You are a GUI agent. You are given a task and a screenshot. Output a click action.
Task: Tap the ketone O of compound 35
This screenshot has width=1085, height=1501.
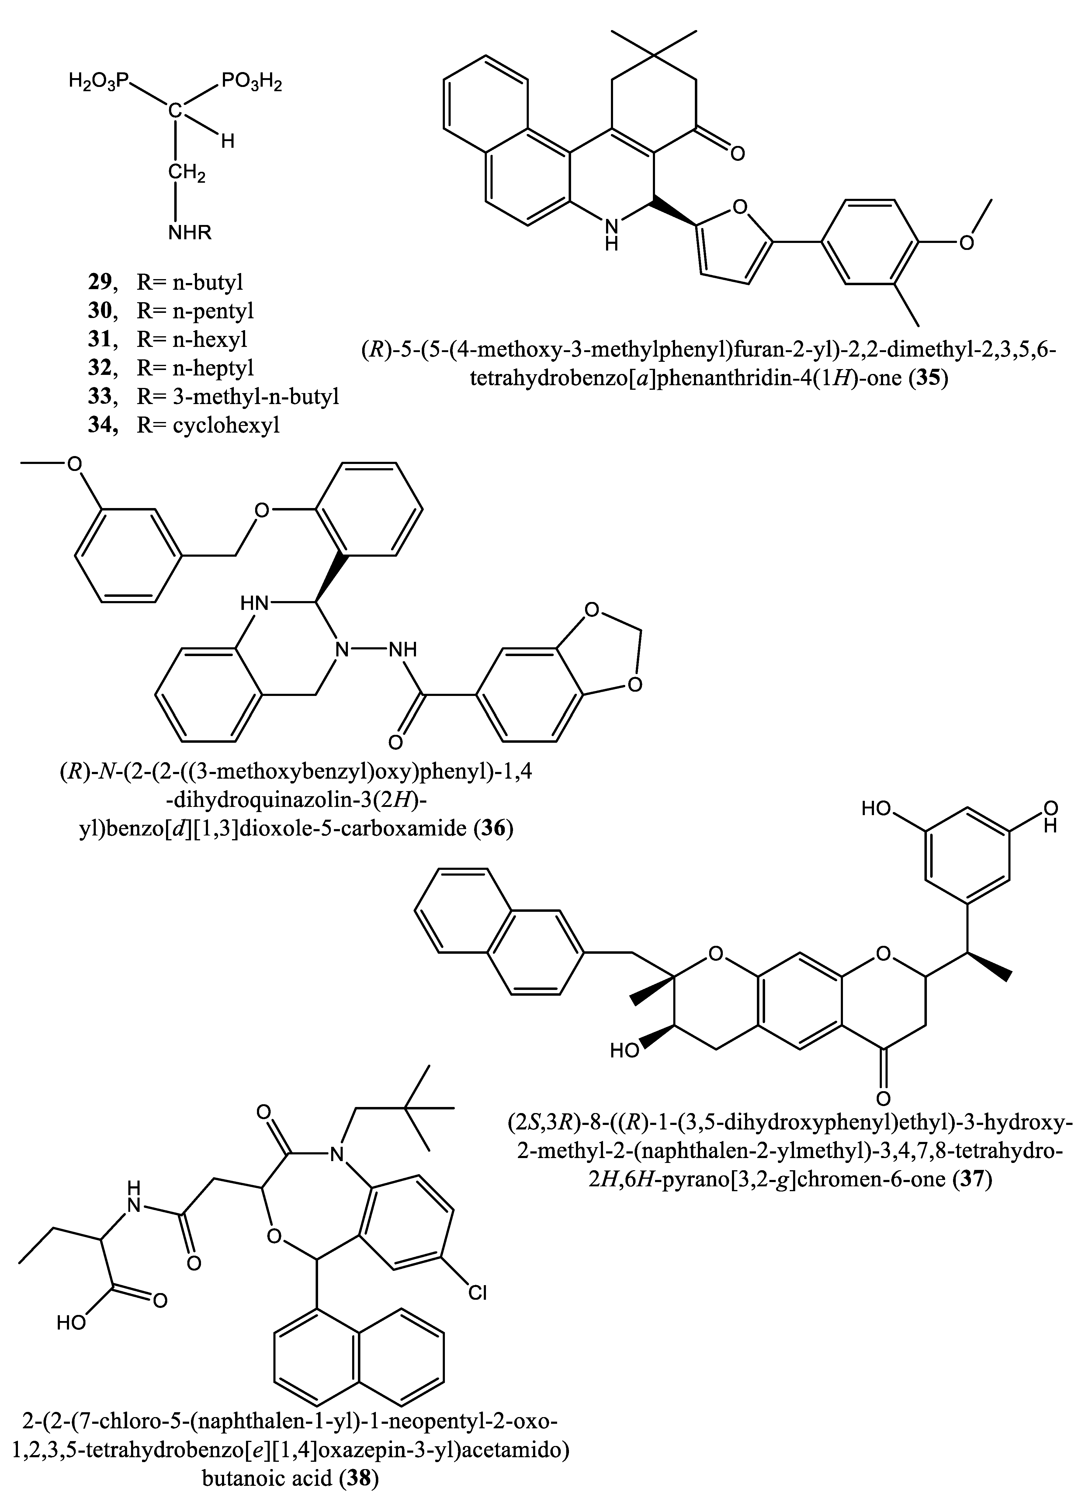737,154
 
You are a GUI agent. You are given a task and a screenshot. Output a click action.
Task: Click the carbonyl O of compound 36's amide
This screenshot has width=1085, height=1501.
395,742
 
